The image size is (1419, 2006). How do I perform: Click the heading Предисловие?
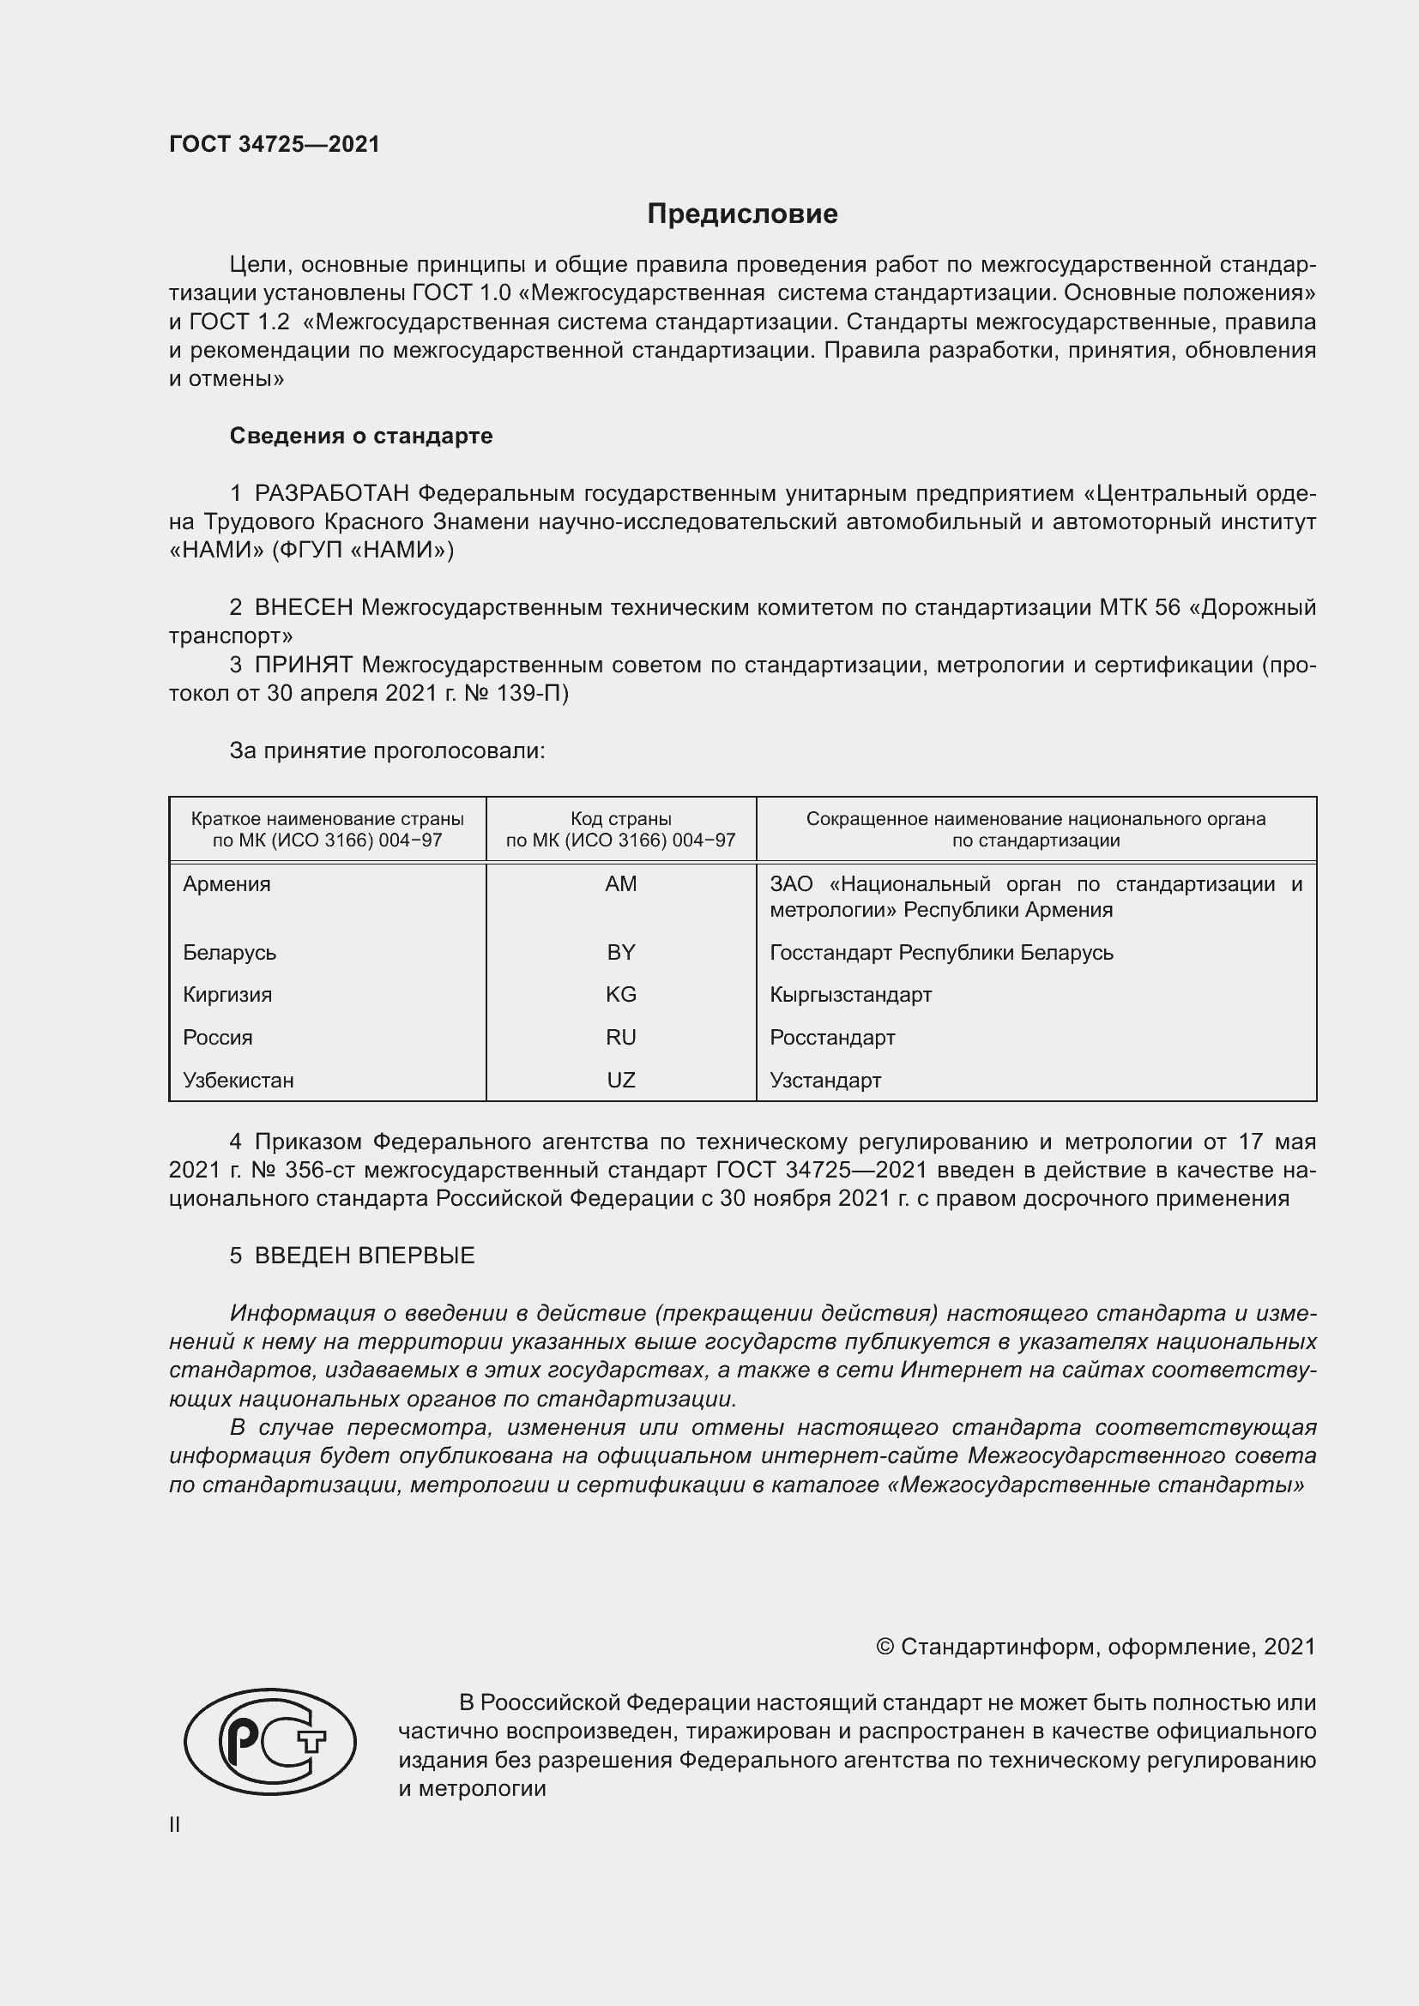coord(742,214)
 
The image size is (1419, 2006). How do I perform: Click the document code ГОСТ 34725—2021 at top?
coord(275,144)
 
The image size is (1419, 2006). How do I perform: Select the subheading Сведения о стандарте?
coord(361,436)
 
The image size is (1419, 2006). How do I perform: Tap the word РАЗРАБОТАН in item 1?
coord(331,494)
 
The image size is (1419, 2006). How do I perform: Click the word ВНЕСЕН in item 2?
coord(303,607)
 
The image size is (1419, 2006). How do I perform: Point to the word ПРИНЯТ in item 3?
coord(303,665)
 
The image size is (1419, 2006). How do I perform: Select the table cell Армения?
coord(226,884)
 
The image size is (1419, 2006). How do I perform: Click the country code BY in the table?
coord(620,952)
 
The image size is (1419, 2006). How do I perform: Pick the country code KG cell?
coord(620,995)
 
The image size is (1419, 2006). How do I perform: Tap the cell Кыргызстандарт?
coord(850,995)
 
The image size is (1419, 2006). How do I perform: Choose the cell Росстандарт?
coord(832,1038)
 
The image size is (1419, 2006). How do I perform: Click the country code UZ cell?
coord(620,1081)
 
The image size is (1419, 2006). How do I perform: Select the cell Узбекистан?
coord(238,1081)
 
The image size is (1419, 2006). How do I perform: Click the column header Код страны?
coord(620,820)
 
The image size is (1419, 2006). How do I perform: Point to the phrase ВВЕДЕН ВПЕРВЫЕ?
coord(365,1256)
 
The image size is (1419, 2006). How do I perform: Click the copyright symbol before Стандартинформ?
coord(885,1647)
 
